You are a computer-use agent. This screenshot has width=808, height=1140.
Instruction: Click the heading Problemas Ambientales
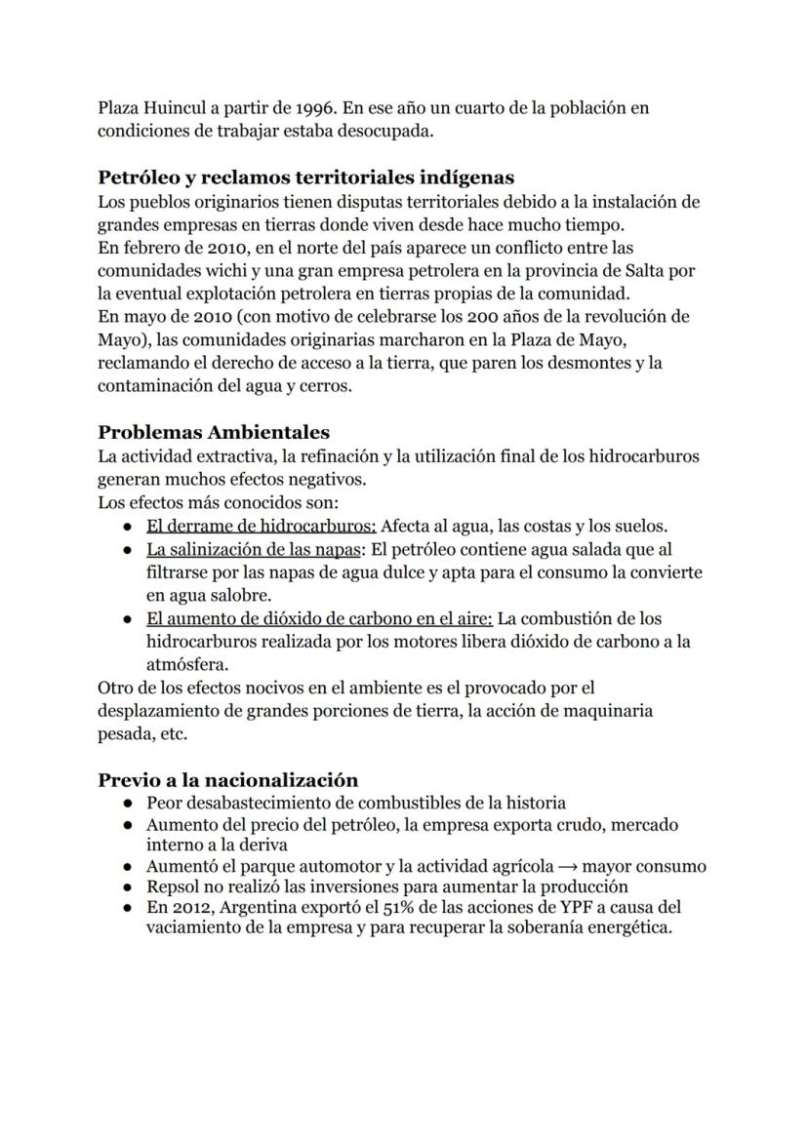[214, 432]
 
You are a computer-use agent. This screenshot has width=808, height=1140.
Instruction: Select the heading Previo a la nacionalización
[227, 780]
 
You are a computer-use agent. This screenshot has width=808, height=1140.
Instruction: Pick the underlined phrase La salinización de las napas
[254, 550]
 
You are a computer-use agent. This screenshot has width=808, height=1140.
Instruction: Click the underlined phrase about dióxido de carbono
[320, 619]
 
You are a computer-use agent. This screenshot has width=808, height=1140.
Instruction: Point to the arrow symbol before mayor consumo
[564, 866]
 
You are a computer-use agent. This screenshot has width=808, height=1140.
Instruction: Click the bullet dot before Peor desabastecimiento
[128, 804]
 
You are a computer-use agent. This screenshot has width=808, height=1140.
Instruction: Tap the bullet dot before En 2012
[128, 908]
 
